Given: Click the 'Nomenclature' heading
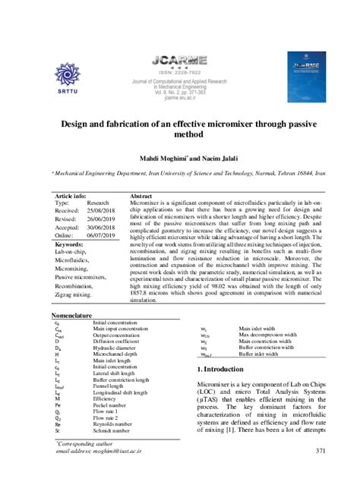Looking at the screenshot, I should (71, 313).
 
